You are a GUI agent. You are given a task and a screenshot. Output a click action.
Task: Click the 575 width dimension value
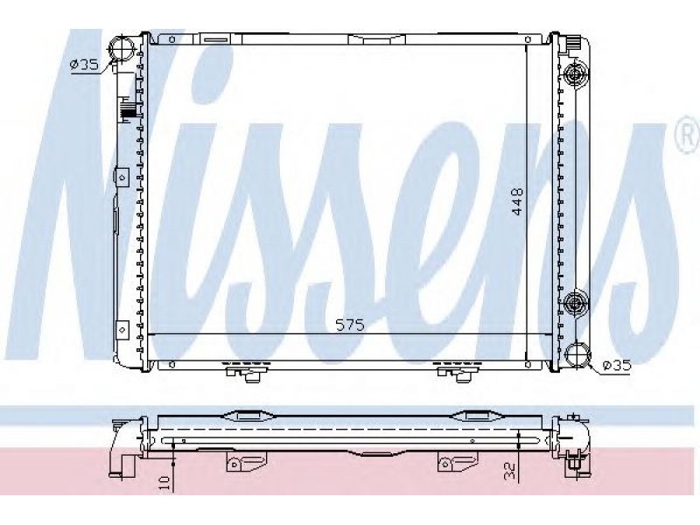tap(351, 325)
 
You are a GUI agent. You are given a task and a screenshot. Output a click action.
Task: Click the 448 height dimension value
tap(517, 201)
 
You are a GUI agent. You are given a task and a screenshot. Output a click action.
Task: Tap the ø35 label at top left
tap(84, 65)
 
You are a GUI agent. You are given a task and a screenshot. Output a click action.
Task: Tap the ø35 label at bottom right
tap(617, 366)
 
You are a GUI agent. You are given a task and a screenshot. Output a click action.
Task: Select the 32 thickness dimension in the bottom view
tap(510, 470)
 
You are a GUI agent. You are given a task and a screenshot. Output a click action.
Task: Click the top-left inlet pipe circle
tap(122, 48)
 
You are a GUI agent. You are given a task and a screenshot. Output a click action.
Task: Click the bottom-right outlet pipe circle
tap(577, 354)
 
